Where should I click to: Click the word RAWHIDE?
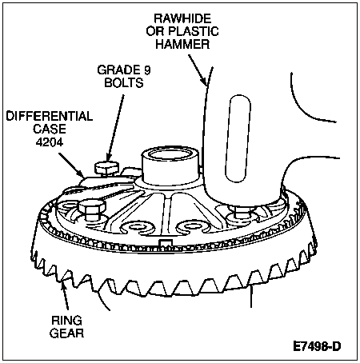(182, 18)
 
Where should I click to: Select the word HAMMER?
(182, 44)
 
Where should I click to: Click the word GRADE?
(118, 70)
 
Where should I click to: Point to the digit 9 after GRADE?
(147, 70)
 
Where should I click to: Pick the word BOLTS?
(124, 82)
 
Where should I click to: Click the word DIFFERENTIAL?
(50, 116)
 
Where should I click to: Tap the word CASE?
(50, 129)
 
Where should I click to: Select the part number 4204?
(50, 142)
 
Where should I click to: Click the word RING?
(66, 321)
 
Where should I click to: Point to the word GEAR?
(66, 333)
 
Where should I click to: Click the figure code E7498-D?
(317, 346)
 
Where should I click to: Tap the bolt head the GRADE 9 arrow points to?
(106, 167)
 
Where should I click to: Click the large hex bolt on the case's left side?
(92, 209)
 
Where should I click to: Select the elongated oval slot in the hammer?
(238, 138)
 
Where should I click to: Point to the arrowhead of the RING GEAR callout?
(63, 286)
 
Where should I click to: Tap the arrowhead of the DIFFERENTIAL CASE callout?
(81, 174)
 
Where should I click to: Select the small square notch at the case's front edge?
(166, 243)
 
